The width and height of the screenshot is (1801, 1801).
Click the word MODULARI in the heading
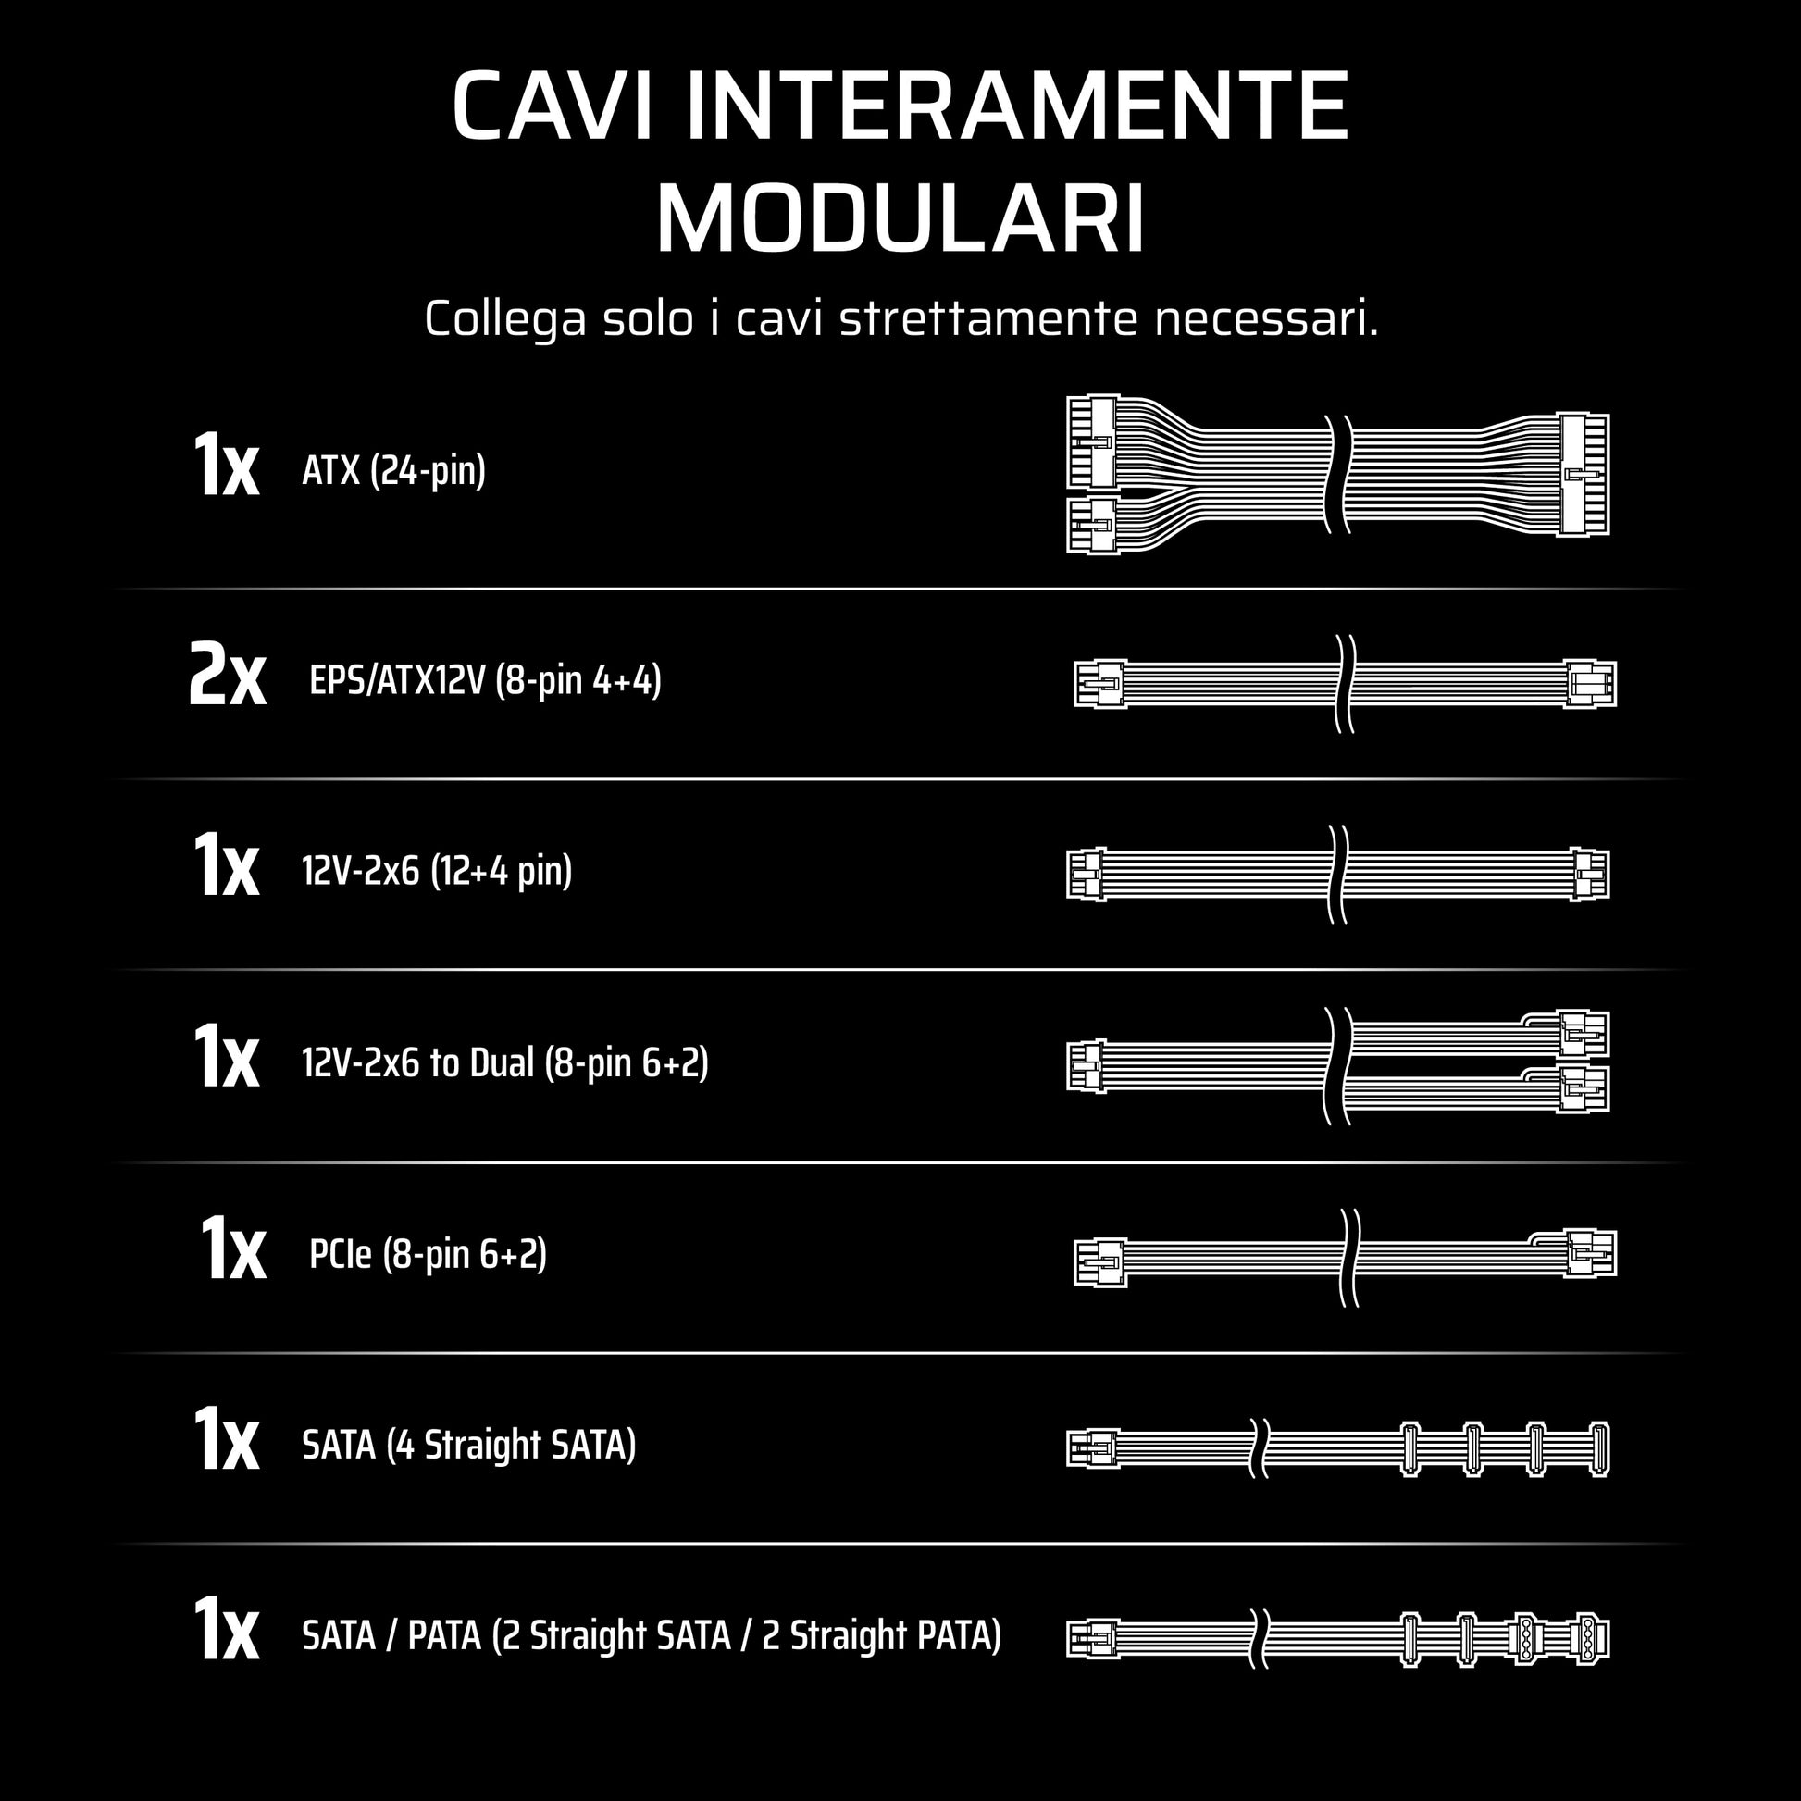pos(900,220)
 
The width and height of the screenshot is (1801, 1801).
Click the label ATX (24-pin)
pos(393,471)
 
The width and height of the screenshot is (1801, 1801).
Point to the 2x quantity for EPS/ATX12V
pos(227,675)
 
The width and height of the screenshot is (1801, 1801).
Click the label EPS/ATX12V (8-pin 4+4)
pos(485,680)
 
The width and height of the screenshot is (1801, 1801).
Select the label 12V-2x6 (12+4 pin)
pos(436,871)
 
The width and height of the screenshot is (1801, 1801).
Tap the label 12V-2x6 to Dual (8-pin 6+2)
pos(504,1062)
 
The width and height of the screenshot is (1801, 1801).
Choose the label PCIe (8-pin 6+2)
pos(428,1254)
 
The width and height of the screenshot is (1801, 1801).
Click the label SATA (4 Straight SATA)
pos(469,1445)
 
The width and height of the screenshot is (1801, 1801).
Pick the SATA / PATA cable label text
pos(652,1636)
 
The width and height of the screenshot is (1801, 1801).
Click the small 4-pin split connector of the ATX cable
pos(1092,525)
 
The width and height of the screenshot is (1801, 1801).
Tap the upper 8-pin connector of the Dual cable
pos(1583,1034)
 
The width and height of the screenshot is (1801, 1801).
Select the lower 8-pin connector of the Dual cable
pos(1583,1088)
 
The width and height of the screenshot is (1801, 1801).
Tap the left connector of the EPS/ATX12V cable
pos(1100,683)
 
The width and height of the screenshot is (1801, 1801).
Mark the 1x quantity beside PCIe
pos(232,1249)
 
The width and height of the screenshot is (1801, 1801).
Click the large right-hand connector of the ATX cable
pos(1584,475)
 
